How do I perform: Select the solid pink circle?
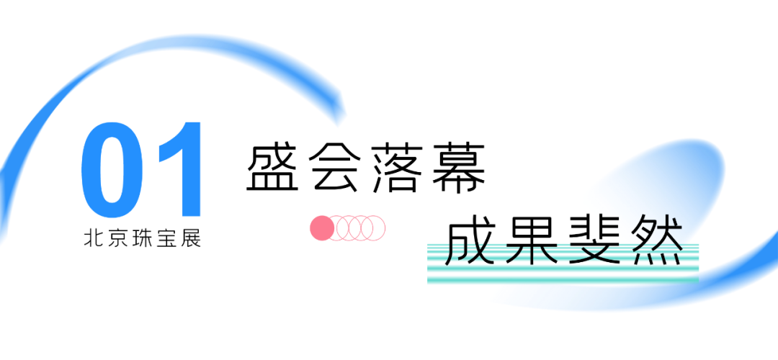coord(321,228)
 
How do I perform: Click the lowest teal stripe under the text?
coord(562,279)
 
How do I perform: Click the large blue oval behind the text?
coord(670,180)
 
